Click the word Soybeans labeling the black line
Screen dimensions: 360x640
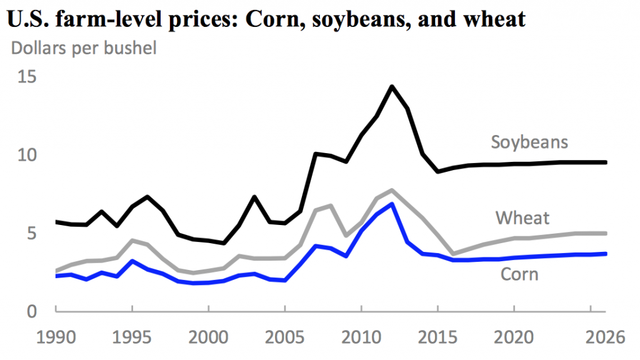coord(529,142)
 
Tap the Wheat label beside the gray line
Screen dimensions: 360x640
coord(522,218)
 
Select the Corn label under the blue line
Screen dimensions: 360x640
coord(519,274)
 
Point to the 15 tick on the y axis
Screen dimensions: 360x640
coord(27,77)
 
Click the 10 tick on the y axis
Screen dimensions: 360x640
coord(27,155)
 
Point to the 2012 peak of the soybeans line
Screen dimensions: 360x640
coord(392,87)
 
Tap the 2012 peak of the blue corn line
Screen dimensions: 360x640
coord(392,204)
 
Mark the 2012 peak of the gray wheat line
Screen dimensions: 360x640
coord(392,190)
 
